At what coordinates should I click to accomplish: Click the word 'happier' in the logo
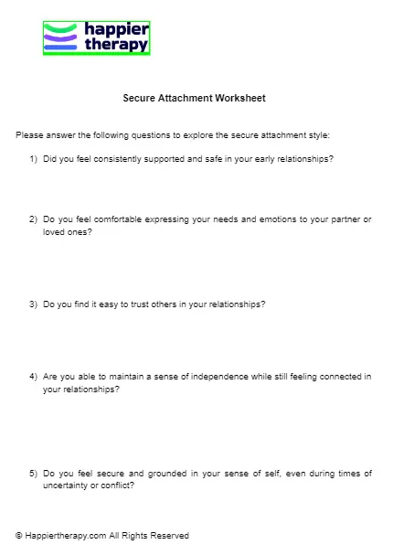click(115, 29)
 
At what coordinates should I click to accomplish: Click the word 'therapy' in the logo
click(115, 44)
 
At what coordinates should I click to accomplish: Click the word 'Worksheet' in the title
click(239, 98)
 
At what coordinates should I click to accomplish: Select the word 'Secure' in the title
click(139, 98)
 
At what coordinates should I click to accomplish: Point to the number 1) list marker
click(33, 159)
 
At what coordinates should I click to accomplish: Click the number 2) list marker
click(33, 219)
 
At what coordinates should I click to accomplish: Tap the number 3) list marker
click(33, 304)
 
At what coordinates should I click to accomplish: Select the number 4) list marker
click(33, 376)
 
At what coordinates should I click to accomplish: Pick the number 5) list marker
click(33, 473)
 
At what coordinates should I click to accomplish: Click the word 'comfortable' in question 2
click(114, 219)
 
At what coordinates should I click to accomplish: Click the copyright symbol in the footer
click(19, 536)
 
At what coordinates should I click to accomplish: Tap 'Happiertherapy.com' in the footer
click(63, 536)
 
